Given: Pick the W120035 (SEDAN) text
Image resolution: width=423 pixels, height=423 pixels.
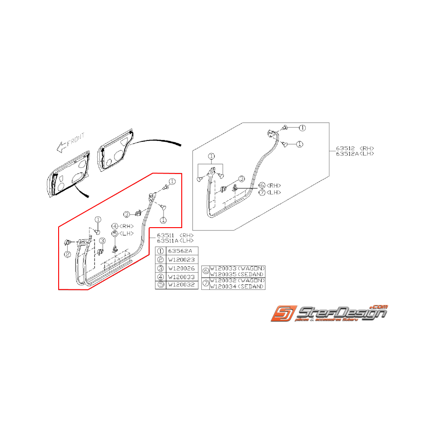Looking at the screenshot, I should point(236,274).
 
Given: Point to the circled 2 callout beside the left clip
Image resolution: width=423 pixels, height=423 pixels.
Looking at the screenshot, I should point(67,254).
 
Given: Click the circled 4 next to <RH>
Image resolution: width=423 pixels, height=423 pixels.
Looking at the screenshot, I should point(115,226).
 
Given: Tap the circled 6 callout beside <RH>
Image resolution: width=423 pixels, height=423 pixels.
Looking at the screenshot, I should point(262,185).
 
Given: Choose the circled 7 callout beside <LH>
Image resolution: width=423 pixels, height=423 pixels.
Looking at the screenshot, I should point(262,192).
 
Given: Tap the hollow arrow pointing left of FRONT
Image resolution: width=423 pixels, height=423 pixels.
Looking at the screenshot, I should point(59,146).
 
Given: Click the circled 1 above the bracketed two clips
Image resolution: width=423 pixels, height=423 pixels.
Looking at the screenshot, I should point(211,157).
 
